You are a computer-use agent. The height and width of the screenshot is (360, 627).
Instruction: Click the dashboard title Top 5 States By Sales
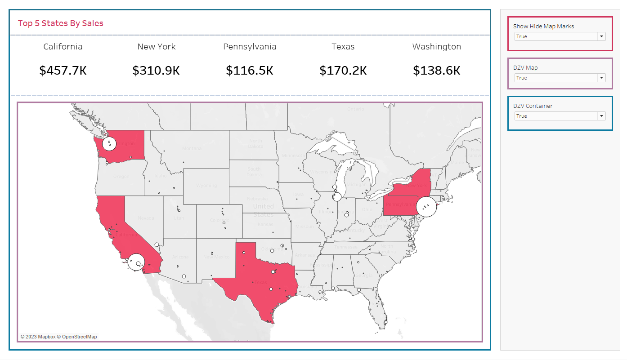[61, 23]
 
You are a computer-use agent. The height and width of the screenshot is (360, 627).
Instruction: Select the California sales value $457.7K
[63, 71]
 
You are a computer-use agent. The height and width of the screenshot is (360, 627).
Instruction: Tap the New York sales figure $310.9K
[156, 71]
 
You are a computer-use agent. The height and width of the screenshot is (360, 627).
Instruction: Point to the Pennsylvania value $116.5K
[250, 71]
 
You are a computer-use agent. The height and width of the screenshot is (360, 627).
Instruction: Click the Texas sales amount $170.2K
[343, 71]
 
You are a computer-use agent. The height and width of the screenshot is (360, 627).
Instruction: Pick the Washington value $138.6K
[437, 71]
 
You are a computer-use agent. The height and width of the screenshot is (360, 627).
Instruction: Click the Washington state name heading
[437, 47]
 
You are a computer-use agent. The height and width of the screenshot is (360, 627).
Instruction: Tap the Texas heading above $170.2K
[343, 47]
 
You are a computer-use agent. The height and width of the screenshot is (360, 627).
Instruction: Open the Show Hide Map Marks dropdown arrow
[601, 36]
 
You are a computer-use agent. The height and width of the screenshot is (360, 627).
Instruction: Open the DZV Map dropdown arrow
[601, 78]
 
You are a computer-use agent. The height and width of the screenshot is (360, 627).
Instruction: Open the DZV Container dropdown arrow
[601, 116]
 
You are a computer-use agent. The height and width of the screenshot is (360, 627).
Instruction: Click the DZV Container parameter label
[533, 106]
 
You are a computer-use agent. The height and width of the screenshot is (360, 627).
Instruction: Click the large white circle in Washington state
[109, 144]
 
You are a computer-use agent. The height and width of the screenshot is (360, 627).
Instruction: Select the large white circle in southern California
[136, 262]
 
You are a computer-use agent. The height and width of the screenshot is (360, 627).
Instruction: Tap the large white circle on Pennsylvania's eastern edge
[426, 207]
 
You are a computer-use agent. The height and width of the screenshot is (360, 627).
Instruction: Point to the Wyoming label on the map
[206, 186]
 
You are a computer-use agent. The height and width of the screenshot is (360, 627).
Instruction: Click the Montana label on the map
[192, 149]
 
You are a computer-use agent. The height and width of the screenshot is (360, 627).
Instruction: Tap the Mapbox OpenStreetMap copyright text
[58, 337]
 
